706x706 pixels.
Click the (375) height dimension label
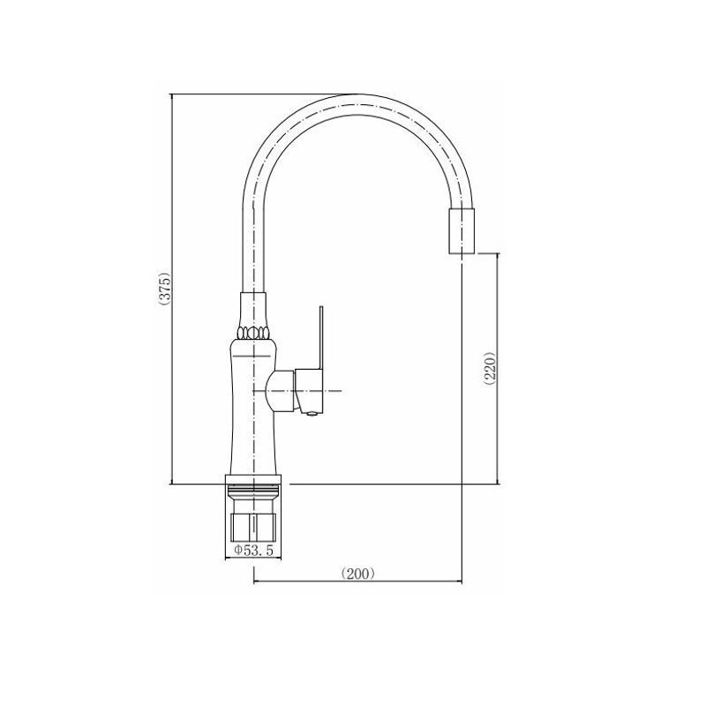[166, 289]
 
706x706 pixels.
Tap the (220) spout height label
[491, 367]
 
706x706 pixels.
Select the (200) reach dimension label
[358, 573]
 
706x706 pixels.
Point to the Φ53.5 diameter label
[253, 550]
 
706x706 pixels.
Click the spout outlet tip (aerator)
[462, 231]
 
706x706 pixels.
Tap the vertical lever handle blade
[321, 338]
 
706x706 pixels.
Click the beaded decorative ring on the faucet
[253, 333]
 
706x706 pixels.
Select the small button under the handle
[312, 414]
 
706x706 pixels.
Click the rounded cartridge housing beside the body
[281, 390]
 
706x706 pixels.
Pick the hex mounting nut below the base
[253, 527]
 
